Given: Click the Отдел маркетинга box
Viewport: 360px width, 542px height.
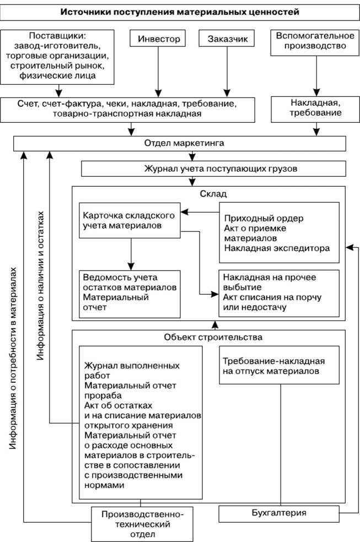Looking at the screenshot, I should [180, 143].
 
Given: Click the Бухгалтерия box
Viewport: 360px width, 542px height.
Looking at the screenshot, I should [278, 514].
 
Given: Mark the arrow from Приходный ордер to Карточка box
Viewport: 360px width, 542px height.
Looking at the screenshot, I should [201, 212].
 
